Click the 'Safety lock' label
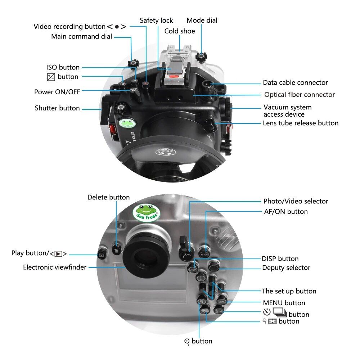click(156, 21)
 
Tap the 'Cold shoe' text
click(180, 31)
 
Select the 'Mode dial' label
click(202, 21)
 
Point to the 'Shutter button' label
click(57, 108)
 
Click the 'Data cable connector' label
click(295, 83)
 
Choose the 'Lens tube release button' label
click(301, 123)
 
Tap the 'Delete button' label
click(108, 197)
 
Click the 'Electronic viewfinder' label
click(55, 267)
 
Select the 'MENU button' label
click(284, 303)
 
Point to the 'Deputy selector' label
click(286, 268)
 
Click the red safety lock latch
click(173, 76)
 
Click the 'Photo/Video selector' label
click(296, 201)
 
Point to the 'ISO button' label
click(63, 67)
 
